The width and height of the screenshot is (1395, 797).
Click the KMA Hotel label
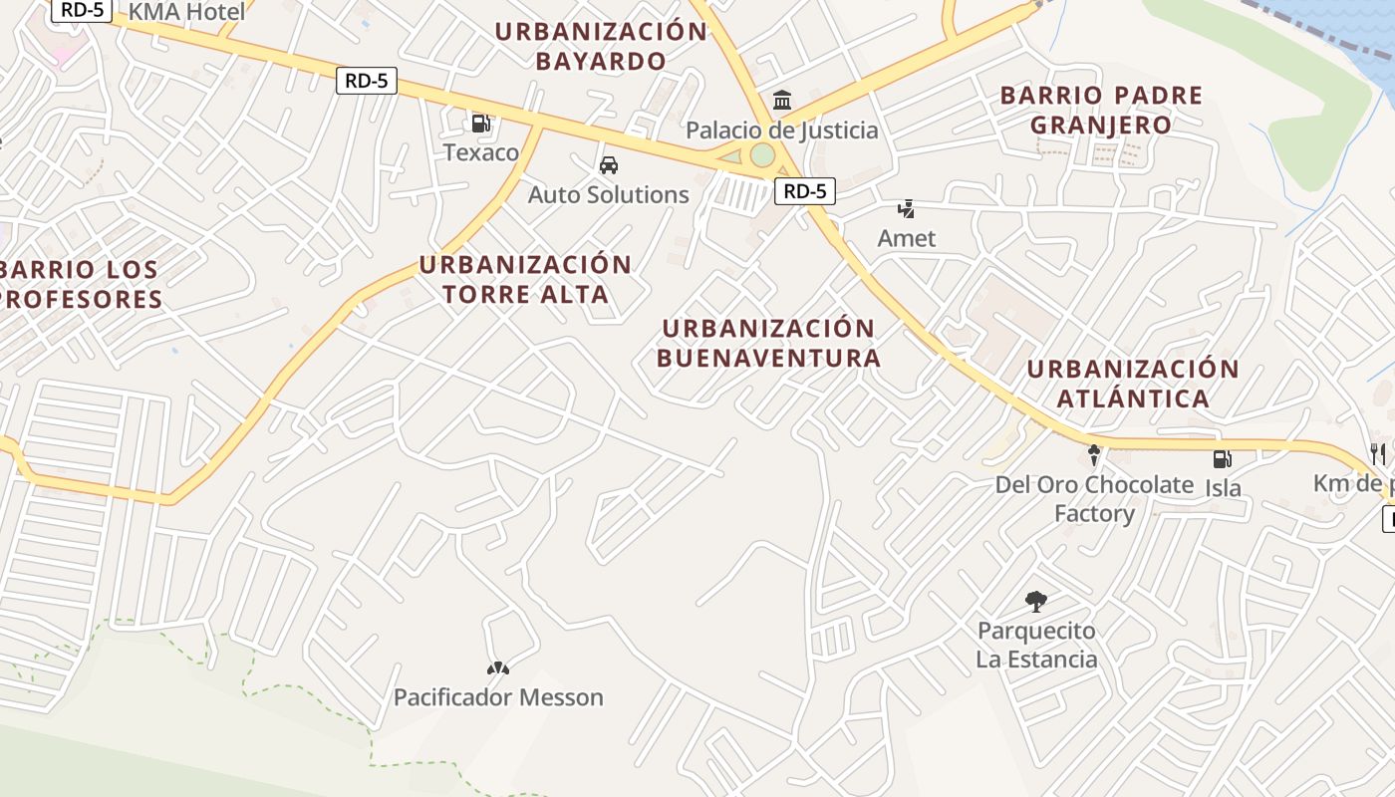coord(186,12)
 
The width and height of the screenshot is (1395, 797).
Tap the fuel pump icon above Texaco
coord(480,124)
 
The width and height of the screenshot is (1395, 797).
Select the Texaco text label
coord(481,152)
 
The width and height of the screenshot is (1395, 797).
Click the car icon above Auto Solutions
coord(608,165)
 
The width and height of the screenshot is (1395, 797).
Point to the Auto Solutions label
coord(608,194)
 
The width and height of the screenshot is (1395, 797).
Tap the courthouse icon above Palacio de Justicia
coord(782,101)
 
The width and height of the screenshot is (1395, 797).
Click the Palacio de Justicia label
coord(782,131)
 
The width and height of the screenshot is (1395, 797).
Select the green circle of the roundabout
coord(762,154)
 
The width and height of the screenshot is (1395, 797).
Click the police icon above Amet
coord(906,209)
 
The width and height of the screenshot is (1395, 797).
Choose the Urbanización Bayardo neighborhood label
coord(601,46)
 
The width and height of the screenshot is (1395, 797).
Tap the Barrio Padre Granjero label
coord(1101,110)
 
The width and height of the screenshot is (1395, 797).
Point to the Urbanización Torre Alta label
coord(525,279)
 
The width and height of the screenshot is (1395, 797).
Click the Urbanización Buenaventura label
coord(768,343)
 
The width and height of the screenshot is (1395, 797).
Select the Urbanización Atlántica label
coord(1133,384)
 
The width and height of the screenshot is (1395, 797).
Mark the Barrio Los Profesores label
coord(80,284)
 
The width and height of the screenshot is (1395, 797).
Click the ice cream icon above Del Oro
coord(1094,455)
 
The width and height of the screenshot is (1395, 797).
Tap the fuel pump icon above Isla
coord(1222,459)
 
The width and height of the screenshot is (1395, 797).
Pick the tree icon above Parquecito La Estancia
coord(1036,601)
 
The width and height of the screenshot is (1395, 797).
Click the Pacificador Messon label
coord(498,697)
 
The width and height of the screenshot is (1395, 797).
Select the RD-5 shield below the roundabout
coord(804,192)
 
